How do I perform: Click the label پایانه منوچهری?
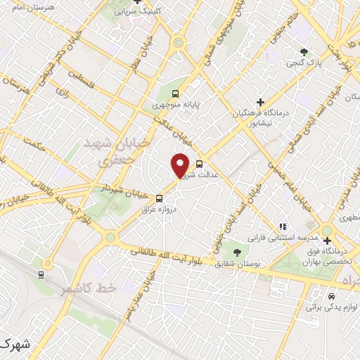click(x=177, y=105)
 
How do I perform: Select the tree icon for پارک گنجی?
click(x=304, y=51)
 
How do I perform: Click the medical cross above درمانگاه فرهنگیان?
click(x=261, y=102)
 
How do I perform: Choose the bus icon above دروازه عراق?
click(x=159, y=198)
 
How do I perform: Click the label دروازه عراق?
click(x=157, y=210)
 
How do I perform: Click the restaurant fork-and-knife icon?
click(x=282, y=226)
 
